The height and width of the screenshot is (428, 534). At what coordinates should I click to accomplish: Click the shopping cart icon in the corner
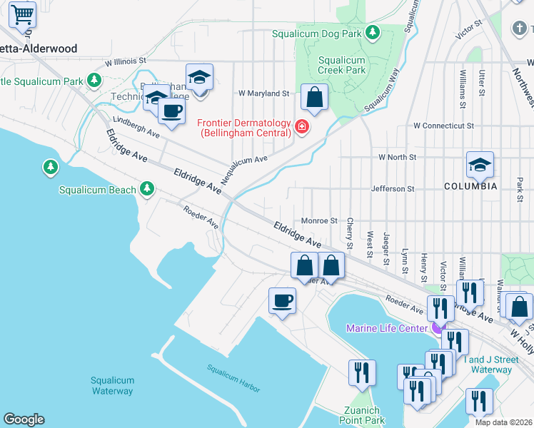click(23, 14)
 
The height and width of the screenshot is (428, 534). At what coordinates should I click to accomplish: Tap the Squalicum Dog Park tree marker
click(372, 33)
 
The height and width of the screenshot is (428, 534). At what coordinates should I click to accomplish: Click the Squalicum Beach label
click(97, 190)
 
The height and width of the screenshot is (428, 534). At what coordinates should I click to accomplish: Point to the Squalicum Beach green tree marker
click(147, 188)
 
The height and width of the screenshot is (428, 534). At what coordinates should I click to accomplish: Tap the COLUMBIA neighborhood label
click(470, 186)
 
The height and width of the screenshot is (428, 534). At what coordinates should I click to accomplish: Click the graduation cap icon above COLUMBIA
click(480, 165)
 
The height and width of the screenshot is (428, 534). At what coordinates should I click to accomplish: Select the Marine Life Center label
click(386, 328)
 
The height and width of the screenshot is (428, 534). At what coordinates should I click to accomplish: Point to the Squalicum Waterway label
click(112, 386)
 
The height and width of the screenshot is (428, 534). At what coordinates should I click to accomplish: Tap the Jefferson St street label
click(393, 189)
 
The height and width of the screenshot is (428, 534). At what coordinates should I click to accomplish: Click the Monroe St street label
click(318, 221)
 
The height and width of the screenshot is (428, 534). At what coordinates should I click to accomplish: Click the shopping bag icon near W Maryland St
click(313, 96)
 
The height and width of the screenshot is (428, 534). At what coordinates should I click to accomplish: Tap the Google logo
click(24, 419)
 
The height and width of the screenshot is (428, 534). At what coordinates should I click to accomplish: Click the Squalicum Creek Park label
click(341, 66)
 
